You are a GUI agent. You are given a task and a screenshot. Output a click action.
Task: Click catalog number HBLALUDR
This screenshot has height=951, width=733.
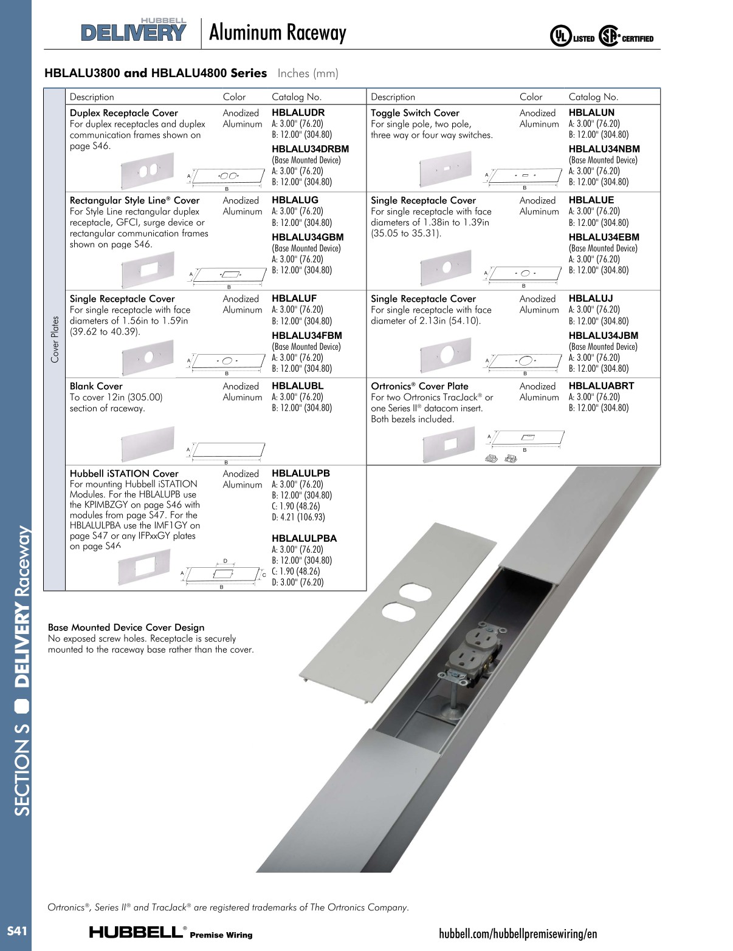tap(298, 112)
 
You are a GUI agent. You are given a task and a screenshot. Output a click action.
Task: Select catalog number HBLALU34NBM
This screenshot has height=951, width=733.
tap(604, 149)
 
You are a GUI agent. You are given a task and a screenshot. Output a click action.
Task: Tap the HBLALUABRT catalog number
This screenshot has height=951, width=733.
tap(601, 386)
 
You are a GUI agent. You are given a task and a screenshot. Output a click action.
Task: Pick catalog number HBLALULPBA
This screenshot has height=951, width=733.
tap(304, 538)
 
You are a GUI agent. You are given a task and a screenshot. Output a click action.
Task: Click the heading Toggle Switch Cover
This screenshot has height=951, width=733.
tap(415, 113)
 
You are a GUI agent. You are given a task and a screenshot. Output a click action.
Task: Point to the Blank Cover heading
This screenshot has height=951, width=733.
tap(96, 386)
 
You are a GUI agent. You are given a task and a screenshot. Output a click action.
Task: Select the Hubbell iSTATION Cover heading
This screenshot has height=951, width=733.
tap(124, 474)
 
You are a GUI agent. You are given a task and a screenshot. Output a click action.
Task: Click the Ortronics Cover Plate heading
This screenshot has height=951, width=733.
tap(419, 386)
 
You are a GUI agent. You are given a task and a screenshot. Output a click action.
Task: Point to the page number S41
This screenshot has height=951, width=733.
tap(16, 931)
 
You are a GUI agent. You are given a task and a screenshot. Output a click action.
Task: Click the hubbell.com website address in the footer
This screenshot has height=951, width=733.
tap(518, 933)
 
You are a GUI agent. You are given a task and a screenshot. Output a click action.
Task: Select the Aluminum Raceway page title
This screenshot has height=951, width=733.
tap(277, 33)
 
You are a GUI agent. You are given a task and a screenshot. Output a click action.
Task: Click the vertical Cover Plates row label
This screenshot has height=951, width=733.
tap(55, 339)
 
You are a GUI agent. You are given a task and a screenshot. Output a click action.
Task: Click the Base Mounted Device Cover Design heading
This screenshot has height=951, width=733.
tap(126, 627)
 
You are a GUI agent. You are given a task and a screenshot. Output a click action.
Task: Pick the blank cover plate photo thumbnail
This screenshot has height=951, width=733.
tap(148, 444)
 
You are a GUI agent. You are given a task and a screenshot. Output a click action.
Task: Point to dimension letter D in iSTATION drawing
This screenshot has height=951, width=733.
tap(225, 561)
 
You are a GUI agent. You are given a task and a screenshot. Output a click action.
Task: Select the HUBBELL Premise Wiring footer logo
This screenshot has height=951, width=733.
tap(171, 933)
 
